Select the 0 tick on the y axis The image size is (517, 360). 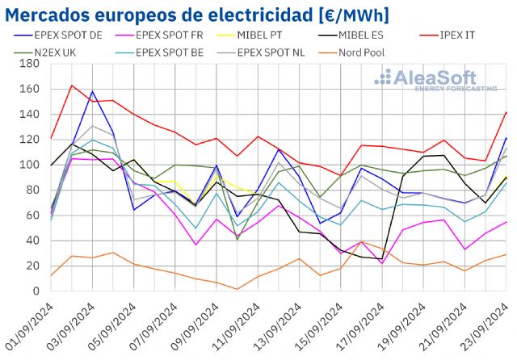click(36, 291)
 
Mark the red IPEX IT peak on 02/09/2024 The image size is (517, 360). click(72, 86)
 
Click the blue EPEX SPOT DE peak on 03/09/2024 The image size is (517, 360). click(92, 92)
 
